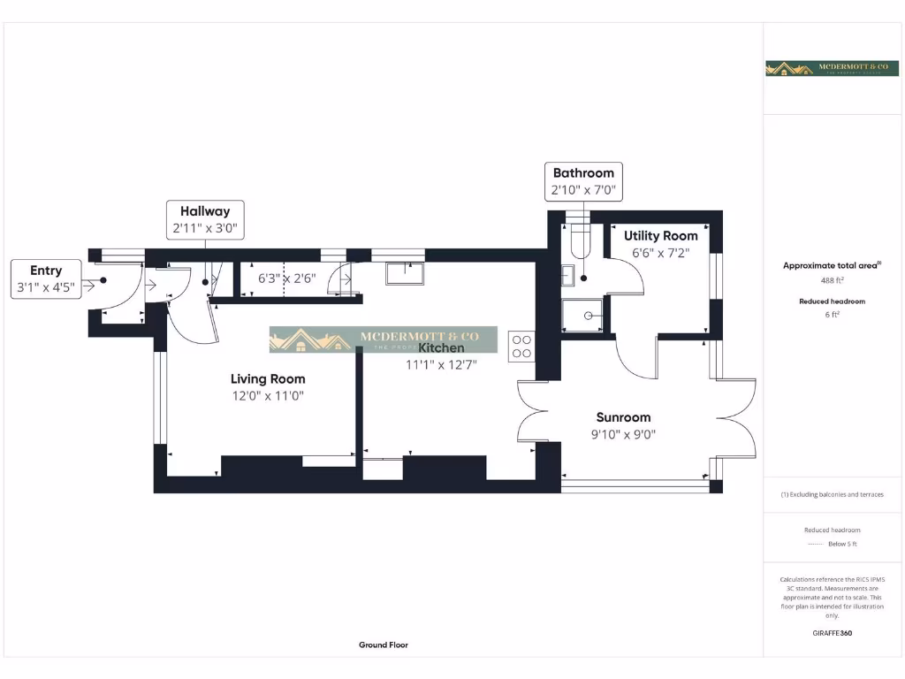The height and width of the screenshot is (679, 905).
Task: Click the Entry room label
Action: [46, 271]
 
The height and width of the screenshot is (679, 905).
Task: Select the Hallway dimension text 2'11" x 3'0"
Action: [205, 227]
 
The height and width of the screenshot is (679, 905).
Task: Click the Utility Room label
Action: [660, 236]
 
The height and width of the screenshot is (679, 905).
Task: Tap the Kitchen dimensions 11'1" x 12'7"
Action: [441, 363]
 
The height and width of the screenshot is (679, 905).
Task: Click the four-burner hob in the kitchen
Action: [521, 345]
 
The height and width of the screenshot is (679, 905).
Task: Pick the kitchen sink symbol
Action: [405, 273]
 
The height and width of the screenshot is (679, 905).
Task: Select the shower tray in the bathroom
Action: [583, 315]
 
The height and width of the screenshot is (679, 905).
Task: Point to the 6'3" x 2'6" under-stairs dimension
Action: [286, 278]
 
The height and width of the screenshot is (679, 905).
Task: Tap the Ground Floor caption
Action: [384, 645]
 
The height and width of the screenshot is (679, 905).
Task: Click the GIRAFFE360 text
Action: [833, 633]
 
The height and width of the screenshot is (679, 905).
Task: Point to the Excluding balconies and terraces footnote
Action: [833, 494]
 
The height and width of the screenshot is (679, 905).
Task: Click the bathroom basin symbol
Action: [568, 275]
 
